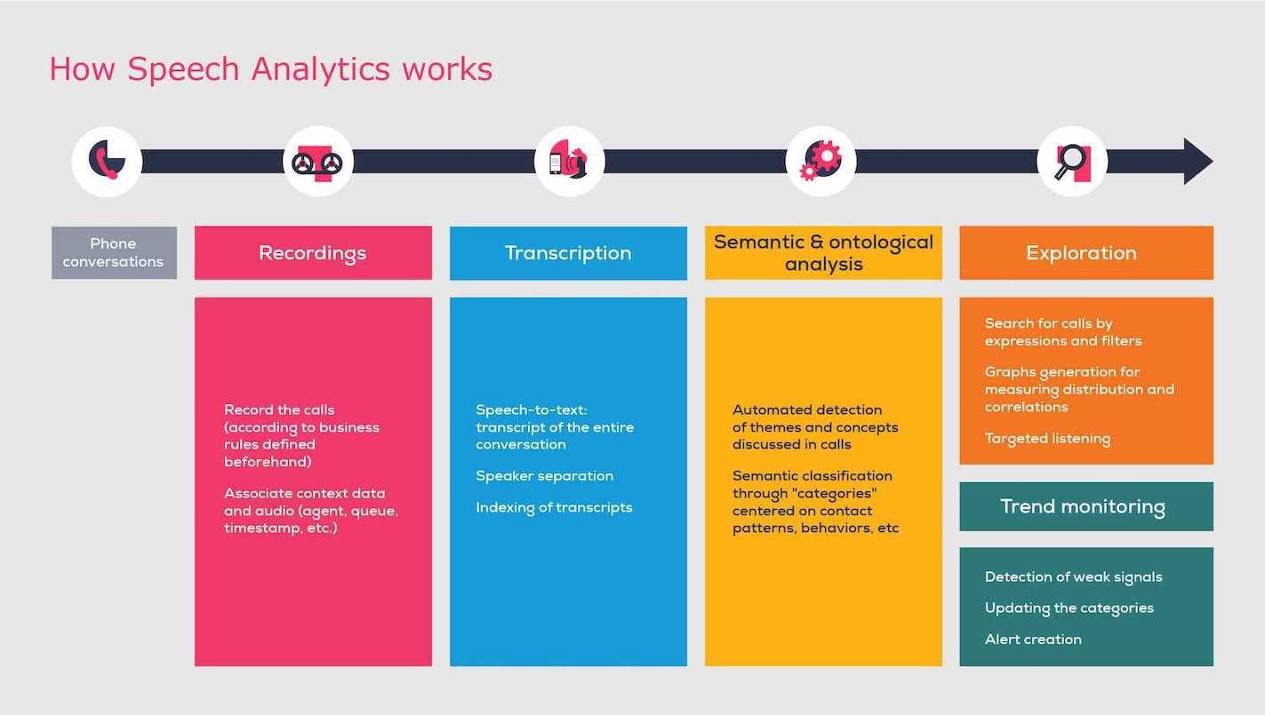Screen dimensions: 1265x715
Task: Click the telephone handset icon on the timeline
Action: (x=107, y=160)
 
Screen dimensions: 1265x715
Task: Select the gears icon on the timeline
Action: (x=821, y=161)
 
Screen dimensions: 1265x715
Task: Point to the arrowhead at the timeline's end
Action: (x=1197, y=161)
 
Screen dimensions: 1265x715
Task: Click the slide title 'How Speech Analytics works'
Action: (x=271, y=69)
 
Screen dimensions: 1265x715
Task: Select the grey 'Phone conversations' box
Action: (x=114, y=253)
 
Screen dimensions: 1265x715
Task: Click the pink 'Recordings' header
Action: (x=314, y=253)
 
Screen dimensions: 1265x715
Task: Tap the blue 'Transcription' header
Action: (x=568, y=253)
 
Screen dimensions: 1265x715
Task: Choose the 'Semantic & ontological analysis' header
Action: (x=823, y=253)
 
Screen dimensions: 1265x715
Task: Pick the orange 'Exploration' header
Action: (x=1086, y=253)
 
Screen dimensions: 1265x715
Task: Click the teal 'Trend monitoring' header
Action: (x=1086, y=506)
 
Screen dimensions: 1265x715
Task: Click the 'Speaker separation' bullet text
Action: (x=544, y=476)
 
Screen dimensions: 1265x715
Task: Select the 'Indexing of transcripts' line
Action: (x=554, y=507)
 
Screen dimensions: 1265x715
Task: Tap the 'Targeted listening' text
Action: (x=1047, y=439)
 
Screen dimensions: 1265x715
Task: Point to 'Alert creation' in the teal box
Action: (x=1033, y=640)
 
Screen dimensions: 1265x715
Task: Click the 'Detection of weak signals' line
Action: (x=1074, y=576)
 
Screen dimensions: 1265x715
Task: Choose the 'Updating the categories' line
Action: (x=1069, y=608)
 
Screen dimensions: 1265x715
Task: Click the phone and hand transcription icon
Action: (x=569, y=160)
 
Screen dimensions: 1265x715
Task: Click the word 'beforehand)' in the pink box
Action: (x=268, y=462)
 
